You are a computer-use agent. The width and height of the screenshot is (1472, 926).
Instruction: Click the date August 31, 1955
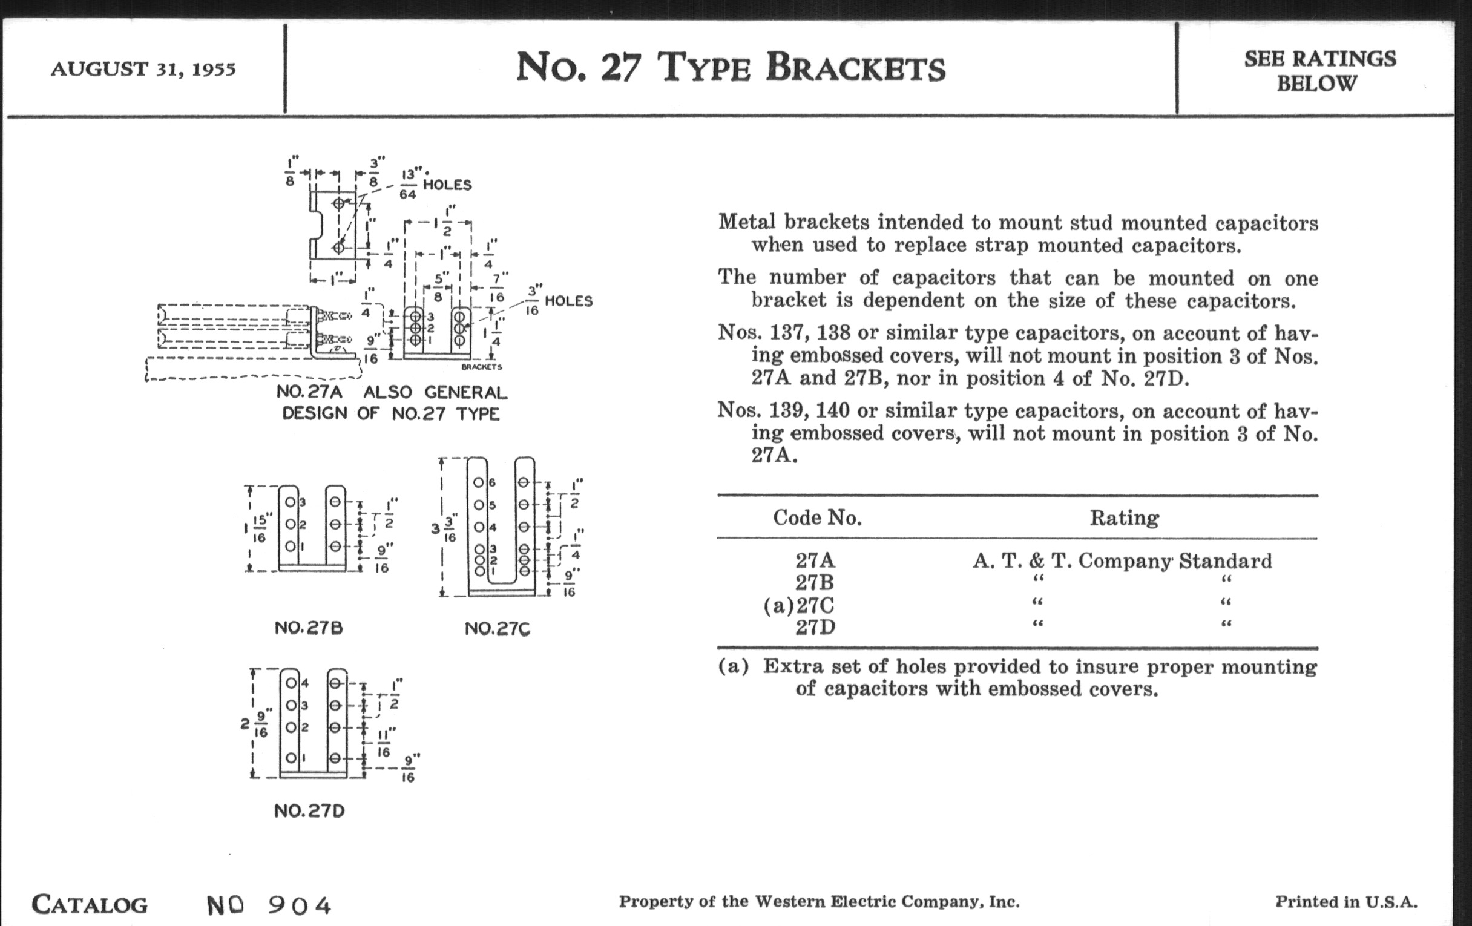143,68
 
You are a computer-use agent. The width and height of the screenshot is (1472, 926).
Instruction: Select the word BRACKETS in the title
855,67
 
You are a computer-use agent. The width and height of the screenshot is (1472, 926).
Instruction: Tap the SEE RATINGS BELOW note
1320,71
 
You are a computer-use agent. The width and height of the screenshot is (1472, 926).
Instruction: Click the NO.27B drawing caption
309,628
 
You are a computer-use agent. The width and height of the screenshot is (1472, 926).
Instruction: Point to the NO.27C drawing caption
497,628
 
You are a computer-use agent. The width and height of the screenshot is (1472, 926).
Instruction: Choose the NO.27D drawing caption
309,810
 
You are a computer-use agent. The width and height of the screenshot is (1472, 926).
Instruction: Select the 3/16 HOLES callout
559,301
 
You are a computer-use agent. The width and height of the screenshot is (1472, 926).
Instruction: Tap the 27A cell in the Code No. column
815,560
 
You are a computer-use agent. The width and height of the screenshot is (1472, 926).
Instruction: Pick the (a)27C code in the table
799,605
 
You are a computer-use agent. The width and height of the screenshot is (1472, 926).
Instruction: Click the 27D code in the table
815,627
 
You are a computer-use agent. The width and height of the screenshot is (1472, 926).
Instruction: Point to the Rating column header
1123,517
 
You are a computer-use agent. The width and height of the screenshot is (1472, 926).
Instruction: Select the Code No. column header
817,517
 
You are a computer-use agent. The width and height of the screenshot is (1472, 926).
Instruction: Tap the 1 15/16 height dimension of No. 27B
255,528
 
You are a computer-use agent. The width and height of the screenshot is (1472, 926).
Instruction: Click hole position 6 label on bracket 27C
492,483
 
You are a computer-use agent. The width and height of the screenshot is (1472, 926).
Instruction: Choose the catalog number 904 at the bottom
300,905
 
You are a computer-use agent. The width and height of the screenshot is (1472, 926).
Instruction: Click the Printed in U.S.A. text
1346,902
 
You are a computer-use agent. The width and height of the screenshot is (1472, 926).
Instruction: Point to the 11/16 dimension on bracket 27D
384,741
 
